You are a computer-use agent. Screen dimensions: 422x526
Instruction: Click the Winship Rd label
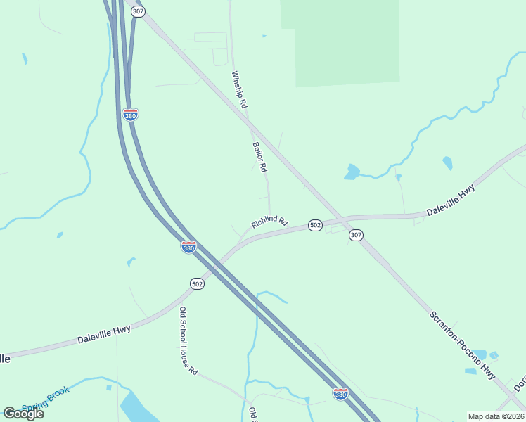[x=240, y=89]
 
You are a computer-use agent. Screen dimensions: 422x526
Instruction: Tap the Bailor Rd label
[x=259, y=157]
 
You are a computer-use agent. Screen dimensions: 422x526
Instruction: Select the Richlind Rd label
[x=269, y=222]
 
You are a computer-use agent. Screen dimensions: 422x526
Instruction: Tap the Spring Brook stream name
[x=46, y=399]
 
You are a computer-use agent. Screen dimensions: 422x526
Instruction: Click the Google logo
[x=23, y=413]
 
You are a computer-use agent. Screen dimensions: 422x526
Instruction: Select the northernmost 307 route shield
[x=139, y=12]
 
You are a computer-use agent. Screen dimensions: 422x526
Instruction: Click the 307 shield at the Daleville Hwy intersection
[x=356, y=236]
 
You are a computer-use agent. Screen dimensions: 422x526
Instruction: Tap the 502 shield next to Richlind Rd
[x=315, y=225]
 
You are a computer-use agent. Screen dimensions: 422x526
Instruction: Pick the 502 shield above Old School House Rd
[x=197, y=283]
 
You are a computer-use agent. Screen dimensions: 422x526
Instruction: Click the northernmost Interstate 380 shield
[x=130, y=115]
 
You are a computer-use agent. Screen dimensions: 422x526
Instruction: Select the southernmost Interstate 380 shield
[x=340, y=394]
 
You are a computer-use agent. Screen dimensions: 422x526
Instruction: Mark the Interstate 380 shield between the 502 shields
[x=188, y=248]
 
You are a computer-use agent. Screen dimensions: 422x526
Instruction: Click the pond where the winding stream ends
[x=352, y=172]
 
